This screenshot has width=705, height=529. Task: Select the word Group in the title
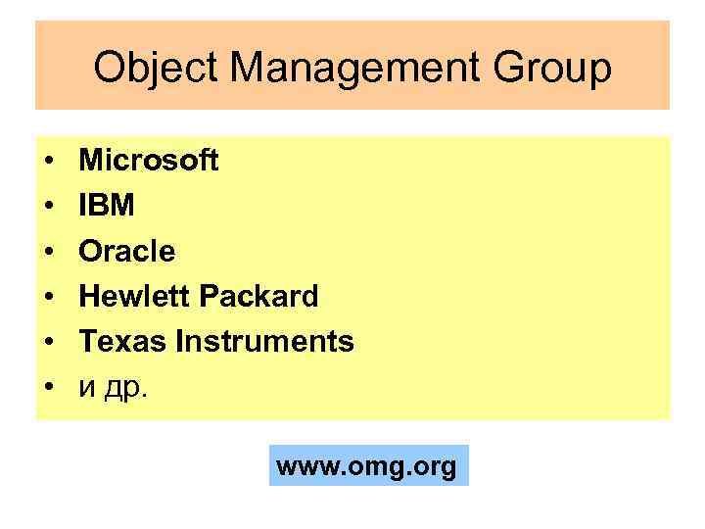tap(555, 69)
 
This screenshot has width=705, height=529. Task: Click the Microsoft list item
tap(149, 160)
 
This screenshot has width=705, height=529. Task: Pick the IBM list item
tap(108, 206)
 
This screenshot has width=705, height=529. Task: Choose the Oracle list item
tap(127, 252)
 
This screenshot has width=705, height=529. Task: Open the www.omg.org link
tap(367, 466)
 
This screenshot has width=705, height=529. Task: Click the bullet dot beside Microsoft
tap(48, 161)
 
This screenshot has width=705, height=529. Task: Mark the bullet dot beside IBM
tap(48, 207)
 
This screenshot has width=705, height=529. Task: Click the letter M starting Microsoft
tap(90, 160)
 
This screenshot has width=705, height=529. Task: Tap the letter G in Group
tap(510, 69)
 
